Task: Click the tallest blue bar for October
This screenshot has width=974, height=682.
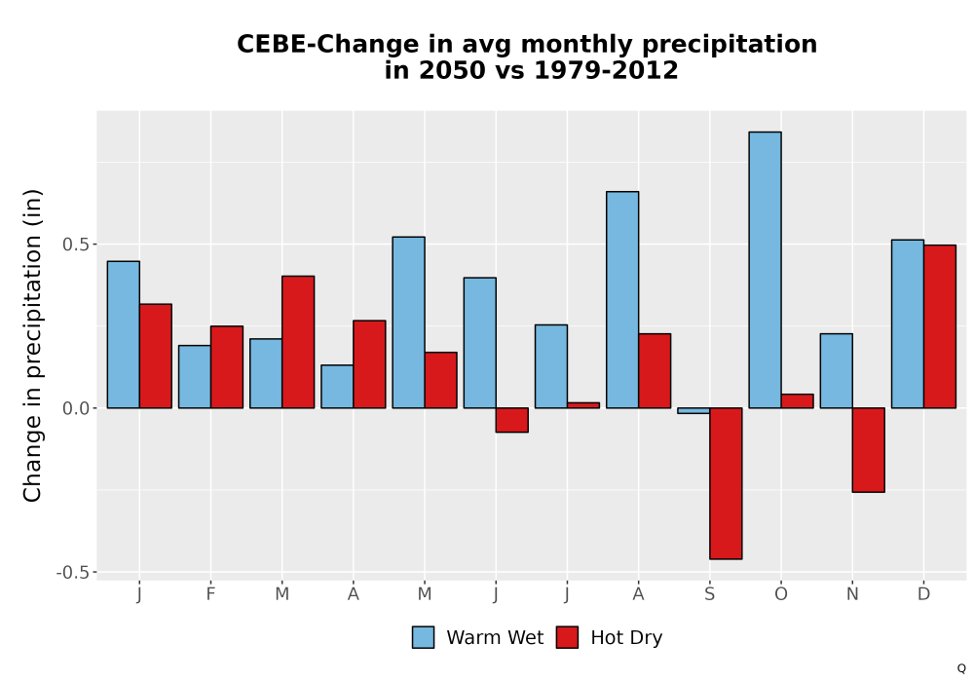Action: [765, 270]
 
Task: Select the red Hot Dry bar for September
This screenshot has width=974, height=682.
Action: [726, 483]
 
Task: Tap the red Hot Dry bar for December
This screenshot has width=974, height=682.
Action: [940, 326]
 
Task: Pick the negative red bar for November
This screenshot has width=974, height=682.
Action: [869, 450]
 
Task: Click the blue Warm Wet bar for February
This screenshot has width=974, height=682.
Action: [195, 376]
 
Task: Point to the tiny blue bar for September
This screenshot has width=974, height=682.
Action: [693, 410]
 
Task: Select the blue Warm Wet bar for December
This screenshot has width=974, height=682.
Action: [908, 323]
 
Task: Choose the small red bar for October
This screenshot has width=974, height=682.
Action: [797, 400]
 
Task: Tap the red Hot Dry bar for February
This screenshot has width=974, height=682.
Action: [227, 366]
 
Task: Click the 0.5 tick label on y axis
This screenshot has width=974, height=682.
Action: [76, 245]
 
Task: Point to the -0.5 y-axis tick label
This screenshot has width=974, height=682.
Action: [73, 572]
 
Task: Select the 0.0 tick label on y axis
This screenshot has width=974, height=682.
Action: [76, 408]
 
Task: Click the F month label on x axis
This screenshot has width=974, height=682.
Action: [210, 594]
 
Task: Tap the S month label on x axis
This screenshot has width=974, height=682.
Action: [709, 594]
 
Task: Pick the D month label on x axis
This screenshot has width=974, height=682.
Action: [923, 594]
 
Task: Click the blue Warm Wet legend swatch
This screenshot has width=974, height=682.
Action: [423, 637]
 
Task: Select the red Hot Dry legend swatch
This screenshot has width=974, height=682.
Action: [567, 637]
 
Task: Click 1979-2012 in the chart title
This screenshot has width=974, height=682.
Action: [606, 69]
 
